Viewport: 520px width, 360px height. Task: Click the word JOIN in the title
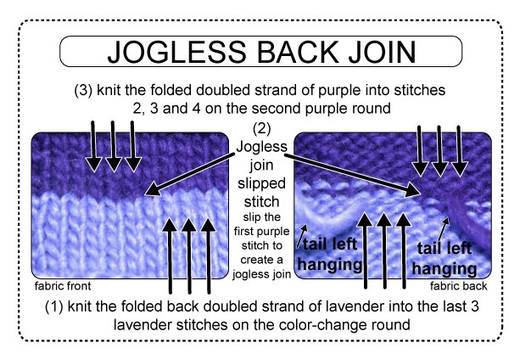coord(371,51)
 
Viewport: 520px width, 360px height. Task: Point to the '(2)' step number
coord(260,131)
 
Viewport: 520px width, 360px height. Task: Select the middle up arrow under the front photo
coord(189,255)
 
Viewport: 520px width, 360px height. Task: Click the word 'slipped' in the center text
coord(260,196)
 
